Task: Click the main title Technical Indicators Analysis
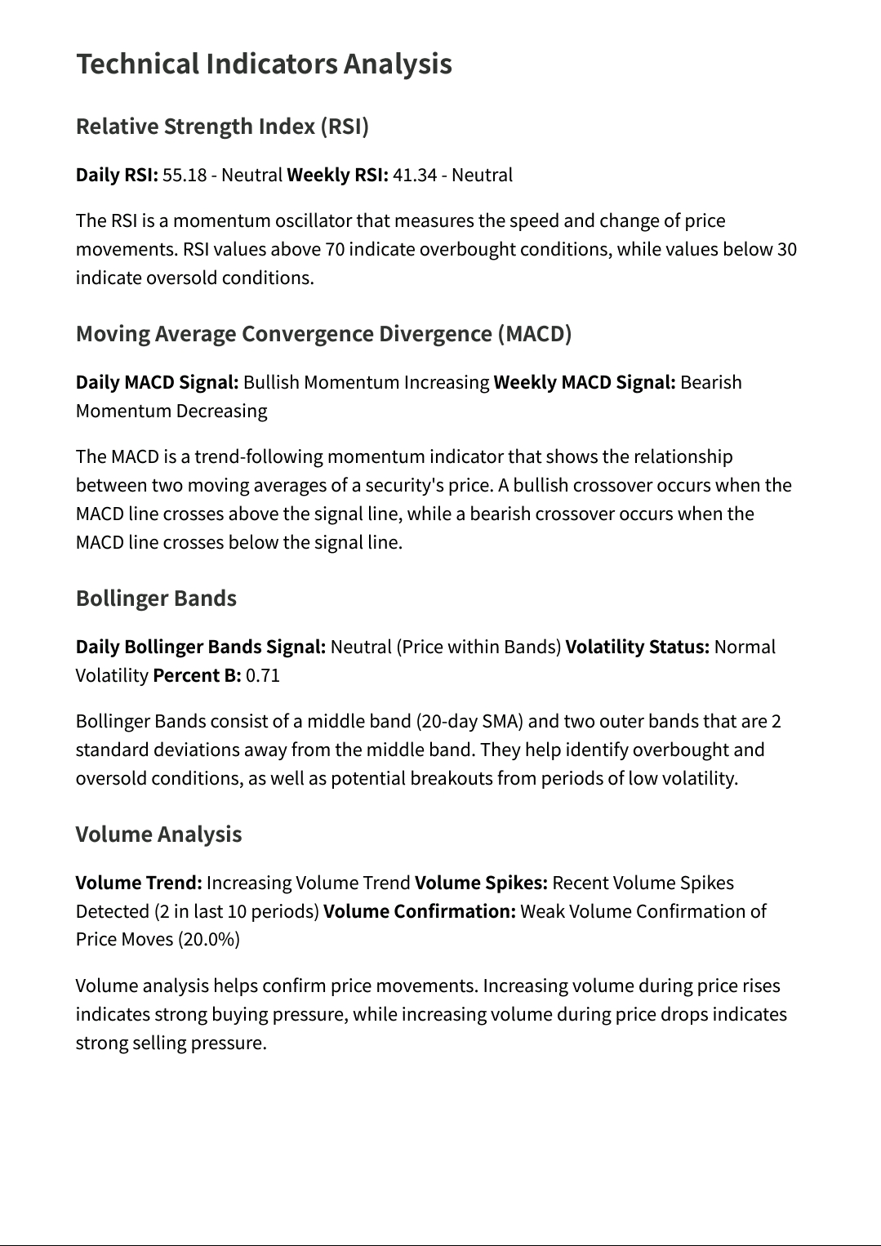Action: (x=264, y=64)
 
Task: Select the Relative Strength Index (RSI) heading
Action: (x=222, y=127)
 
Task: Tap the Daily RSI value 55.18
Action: (x=185, y=175)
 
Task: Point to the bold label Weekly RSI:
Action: (x=337, y=175)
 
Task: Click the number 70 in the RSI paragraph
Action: (x=335, y=249)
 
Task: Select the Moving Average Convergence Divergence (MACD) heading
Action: (x=323, y=334)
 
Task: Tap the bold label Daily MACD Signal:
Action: (x=158, y=382)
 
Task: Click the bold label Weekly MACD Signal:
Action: (x=585, y=382)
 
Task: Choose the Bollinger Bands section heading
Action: (x=156, y=599)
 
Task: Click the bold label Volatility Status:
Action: (x=638, y=647)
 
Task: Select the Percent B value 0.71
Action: (x=263, y=675)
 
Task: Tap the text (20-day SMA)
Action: (x=469, y=721)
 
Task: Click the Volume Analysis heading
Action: (x=158, y=834)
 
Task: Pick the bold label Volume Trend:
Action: (x=139, y=883)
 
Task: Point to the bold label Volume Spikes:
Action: (x=481, y=883)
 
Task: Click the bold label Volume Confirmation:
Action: (x=420, y=911)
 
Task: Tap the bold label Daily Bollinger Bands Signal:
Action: (x=201, y=647)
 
